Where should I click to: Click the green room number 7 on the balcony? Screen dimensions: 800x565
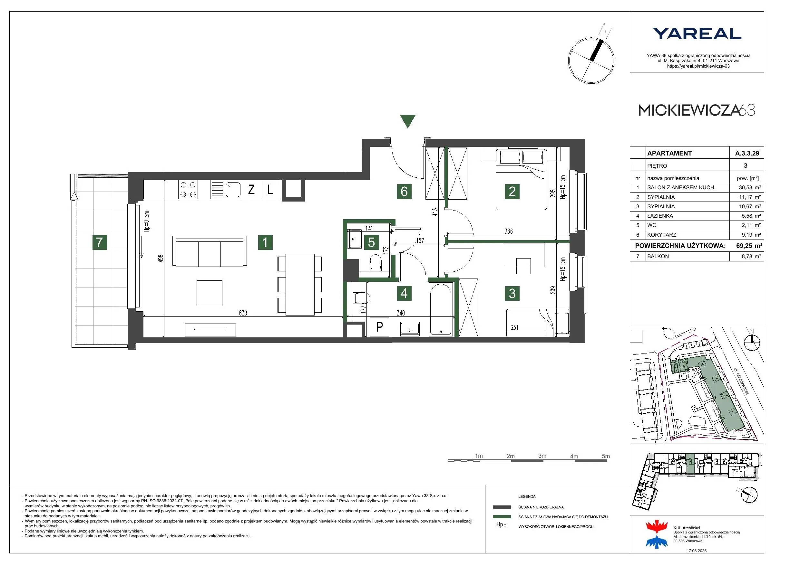pos(100,242)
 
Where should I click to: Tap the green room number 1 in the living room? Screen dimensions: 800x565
pos(265,242)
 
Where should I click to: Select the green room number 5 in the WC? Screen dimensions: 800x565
pos(371,242)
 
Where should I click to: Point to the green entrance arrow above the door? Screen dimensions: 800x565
pos(408,121)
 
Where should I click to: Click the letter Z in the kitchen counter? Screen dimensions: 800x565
pos(251,190)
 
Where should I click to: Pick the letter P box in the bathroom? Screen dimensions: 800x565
pos(379,327)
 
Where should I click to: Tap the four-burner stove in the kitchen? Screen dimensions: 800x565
pos(188,190)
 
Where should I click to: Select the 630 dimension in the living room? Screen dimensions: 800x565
pos(243,313)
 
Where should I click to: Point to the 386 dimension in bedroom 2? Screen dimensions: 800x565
pos(509,231)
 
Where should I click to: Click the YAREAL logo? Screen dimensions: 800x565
pos(697,34)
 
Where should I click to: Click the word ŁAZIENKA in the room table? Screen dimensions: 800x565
pos(660,216)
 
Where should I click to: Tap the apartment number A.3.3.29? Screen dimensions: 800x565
pos(747,153)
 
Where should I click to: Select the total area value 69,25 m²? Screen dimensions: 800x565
pos(749,245)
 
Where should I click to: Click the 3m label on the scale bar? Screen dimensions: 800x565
pos(542,456)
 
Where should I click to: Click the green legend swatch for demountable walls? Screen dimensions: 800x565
pos(502,517)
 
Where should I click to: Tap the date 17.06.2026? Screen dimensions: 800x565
pos(697,551)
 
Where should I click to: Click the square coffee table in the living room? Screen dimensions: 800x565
pos(210,293)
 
